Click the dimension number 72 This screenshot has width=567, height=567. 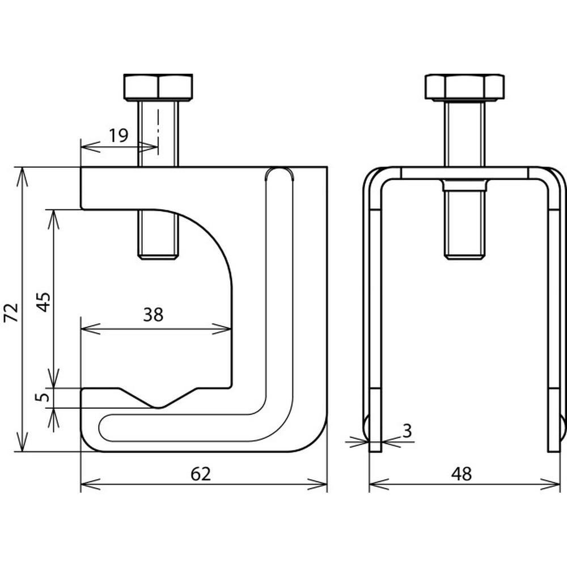point(11,312)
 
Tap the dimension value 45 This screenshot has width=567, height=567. point(44,302)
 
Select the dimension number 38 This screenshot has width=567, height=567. point(153,315)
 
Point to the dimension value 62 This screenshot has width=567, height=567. point(200,473)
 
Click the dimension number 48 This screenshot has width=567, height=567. point(462,473)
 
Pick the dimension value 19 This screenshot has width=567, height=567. point(119,136)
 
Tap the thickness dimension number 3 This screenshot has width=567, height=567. point(407,431)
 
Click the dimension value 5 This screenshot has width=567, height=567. point(43,397)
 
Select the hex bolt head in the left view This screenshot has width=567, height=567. point(158,87)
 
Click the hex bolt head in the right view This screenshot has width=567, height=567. point(465,87)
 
